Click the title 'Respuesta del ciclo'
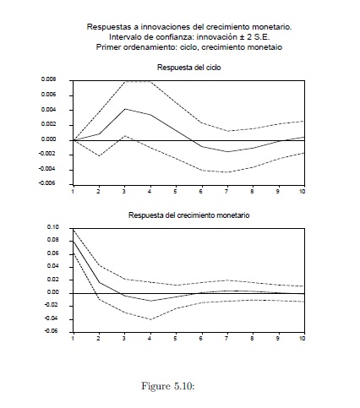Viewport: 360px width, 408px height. coord(188,68)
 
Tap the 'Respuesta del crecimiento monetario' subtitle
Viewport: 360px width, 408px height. coord(188,215)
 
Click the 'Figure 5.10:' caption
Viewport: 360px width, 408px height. coord(168,386)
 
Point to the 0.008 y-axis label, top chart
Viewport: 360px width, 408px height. coord(48,79)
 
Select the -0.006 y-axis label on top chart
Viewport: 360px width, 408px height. coord(47,183)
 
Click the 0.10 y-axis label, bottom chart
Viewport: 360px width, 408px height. coord(52,227)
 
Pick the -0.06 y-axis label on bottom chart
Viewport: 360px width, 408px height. coord(52,331)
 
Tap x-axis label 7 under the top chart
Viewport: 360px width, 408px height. coord(226,192)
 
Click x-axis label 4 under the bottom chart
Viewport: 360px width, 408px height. coord(150,338)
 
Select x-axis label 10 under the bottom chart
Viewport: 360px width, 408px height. coord(302,338)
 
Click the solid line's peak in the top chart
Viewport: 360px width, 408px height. coord(125,109)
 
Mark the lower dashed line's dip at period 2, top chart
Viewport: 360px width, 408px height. coord(99,155)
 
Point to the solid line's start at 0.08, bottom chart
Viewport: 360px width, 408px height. coord(74,242)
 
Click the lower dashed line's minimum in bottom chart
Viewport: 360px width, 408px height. coord(150,319)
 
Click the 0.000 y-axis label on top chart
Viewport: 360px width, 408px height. coord(48,139)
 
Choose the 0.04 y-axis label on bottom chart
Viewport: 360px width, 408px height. coord(52,266)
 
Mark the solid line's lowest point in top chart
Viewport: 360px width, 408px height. coord(227,152)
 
